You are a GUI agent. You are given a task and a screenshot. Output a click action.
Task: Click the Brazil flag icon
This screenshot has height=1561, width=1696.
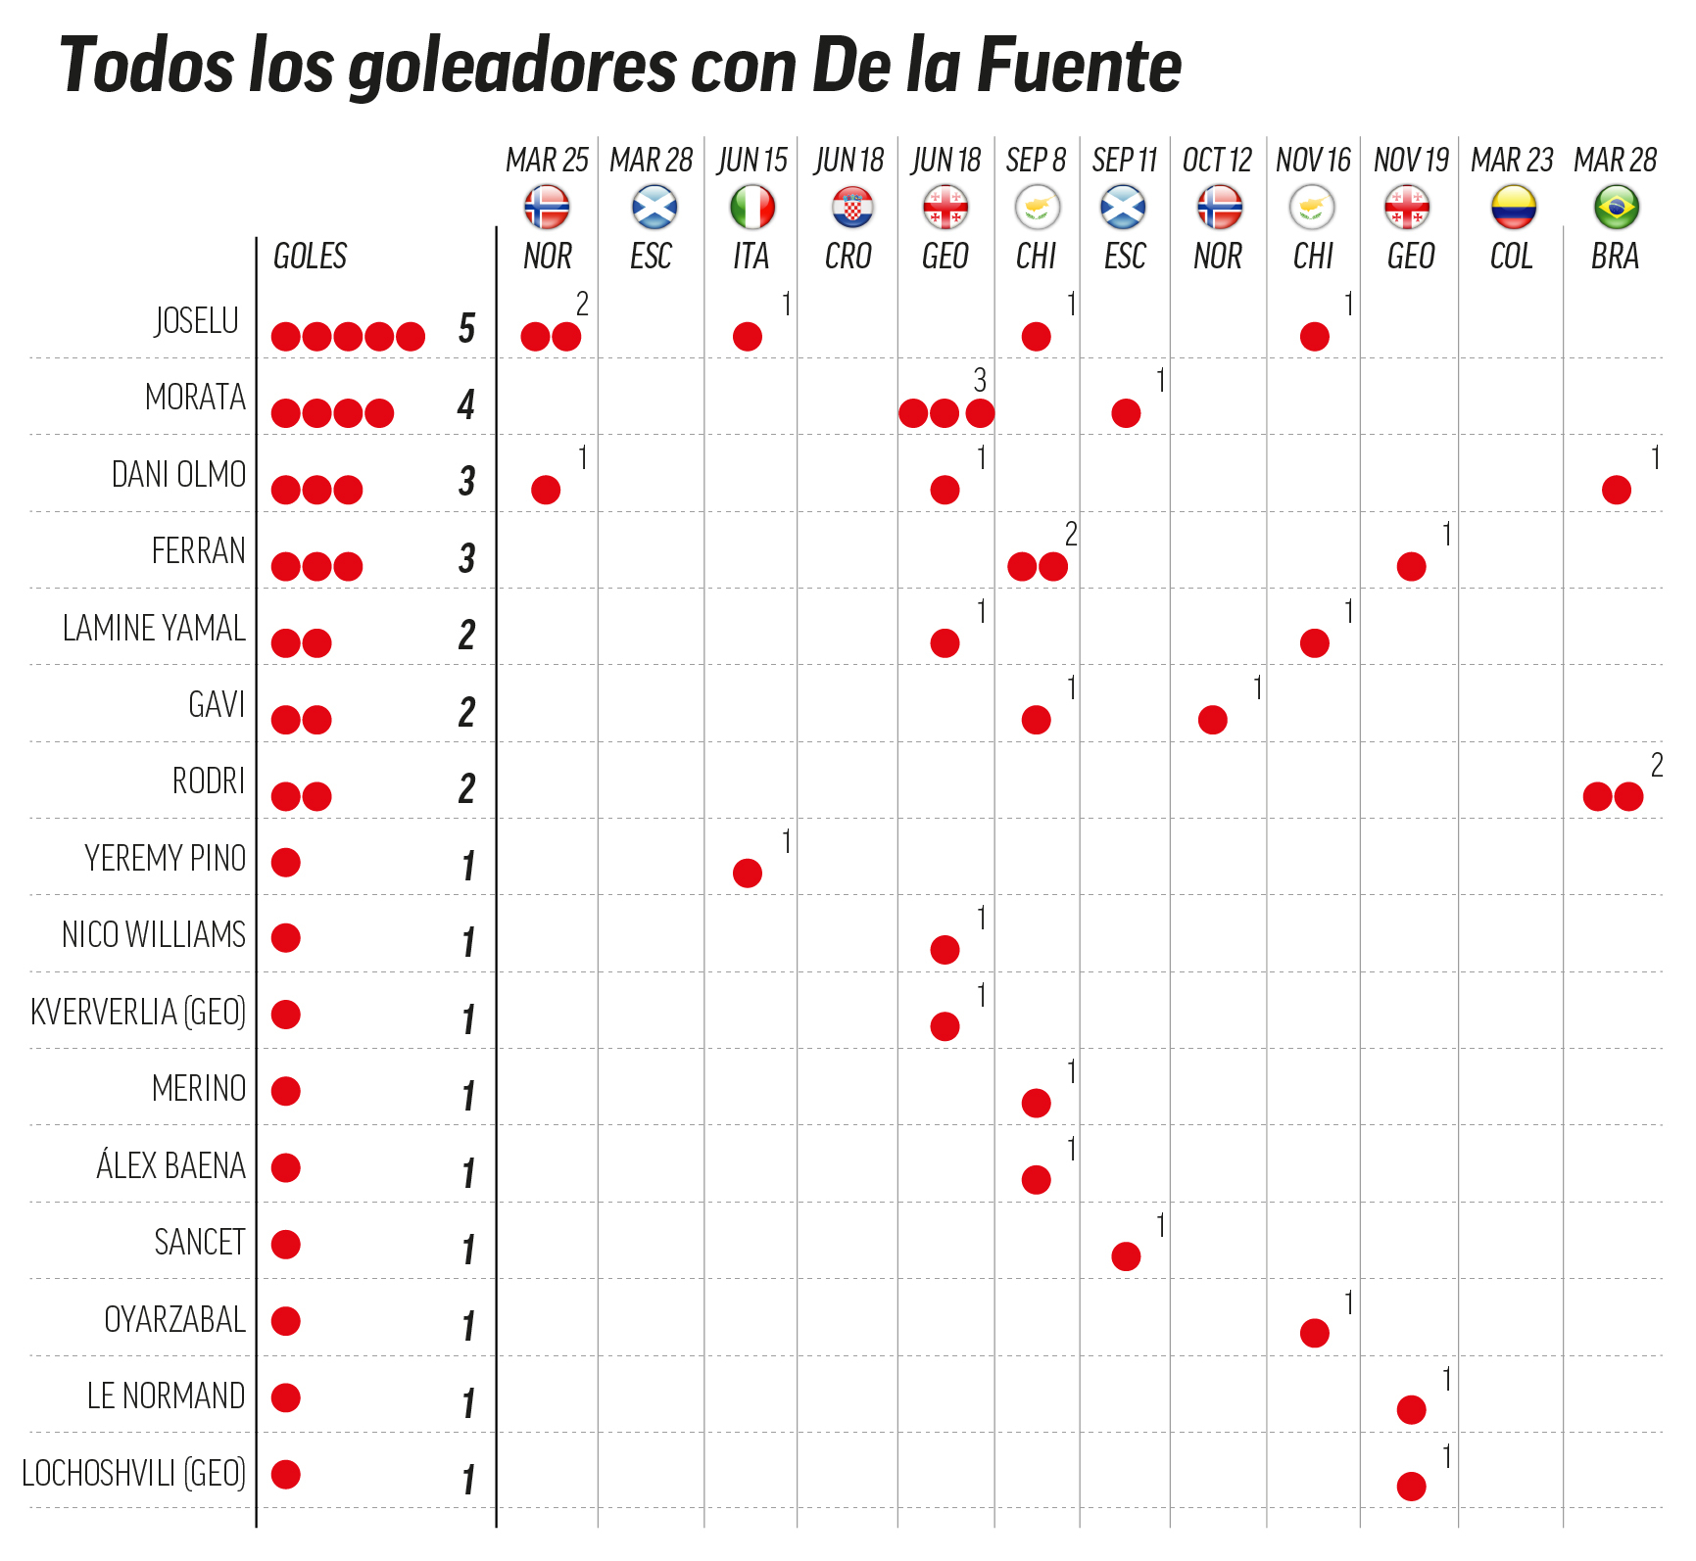coord(1616,208)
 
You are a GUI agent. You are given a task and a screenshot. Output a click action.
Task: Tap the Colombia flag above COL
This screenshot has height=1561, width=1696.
coord(1513,208)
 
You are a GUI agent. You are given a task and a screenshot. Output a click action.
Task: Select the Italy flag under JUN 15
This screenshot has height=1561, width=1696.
coord(751,208)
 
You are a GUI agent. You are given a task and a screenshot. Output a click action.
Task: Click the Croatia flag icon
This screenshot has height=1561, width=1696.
coord(850,208)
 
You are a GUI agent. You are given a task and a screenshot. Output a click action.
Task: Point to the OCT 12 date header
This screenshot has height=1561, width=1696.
coord(1217,160)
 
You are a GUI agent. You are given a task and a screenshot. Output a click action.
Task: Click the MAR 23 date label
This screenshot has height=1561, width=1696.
coord(1512,160)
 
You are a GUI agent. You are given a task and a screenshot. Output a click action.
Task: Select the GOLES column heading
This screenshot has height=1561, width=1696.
coord(310,257)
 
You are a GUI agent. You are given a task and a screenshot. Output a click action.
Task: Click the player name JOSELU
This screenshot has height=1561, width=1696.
coord(197,320)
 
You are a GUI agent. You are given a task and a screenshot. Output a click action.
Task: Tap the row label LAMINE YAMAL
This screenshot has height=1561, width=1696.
coord(154,628)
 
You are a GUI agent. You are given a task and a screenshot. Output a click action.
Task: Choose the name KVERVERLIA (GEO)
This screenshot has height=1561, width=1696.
coord(138,1012)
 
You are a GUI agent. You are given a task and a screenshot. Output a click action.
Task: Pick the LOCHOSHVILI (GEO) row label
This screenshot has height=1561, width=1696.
coord(134,1473)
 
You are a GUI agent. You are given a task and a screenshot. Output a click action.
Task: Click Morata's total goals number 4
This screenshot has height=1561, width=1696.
coord(466,404)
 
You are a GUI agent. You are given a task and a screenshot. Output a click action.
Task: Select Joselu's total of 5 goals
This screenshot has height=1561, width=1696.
coord(467,328)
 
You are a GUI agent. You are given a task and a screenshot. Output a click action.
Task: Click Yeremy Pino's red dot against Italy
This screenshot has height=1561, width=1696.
coord(748,873)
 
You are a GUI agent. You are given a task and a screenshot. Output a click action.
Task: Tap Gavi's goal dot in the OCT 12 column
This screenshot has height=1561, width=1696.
coord(1212,720)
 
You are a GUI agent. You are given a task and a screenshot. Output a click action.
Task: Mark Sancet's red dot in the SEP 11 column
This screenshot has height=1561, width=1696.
coord(1126,1256)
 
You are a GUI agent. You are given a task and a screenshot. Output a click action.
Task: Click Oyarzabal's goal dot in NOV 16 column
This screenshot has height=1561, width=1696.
coord(1314,1333)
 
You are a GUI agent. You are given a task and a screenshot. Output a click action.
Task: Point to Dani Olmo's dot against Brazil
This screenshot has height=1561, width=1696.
coord(1616,490)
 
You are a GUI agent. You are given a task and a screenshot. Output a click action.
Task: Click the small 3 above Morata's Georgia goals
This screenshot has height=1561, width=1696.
coord(980,380)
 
